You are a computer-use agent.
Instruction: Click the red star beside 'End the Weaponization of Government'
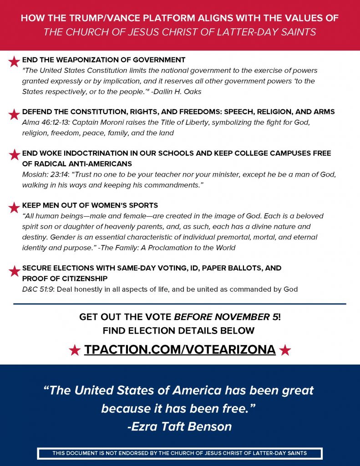[x=14, y=61]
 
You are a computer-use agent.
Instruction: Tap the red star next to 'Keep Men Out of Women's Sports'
[x=14, y=208]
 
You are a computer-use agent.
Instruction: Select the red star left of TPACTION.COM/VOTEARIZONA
[x=75, y=350]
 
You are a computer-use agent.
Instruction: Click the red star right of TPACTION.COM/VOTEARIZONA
[x=285, y=350]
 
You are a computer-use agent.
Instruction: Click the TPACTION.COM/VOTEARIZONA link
[x=180, y=350]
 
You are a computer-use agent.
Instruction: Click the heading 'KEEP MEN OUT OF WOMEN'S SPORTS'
[x=90, y=205]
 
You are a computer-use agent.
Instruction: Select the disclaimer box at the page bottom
[x=180, y=453]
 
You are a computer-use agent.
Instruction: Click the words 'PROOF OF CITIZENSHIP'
[x=65, y=279]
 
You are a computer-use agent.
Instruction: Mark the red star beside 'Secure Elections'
[x=14, y=272]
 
